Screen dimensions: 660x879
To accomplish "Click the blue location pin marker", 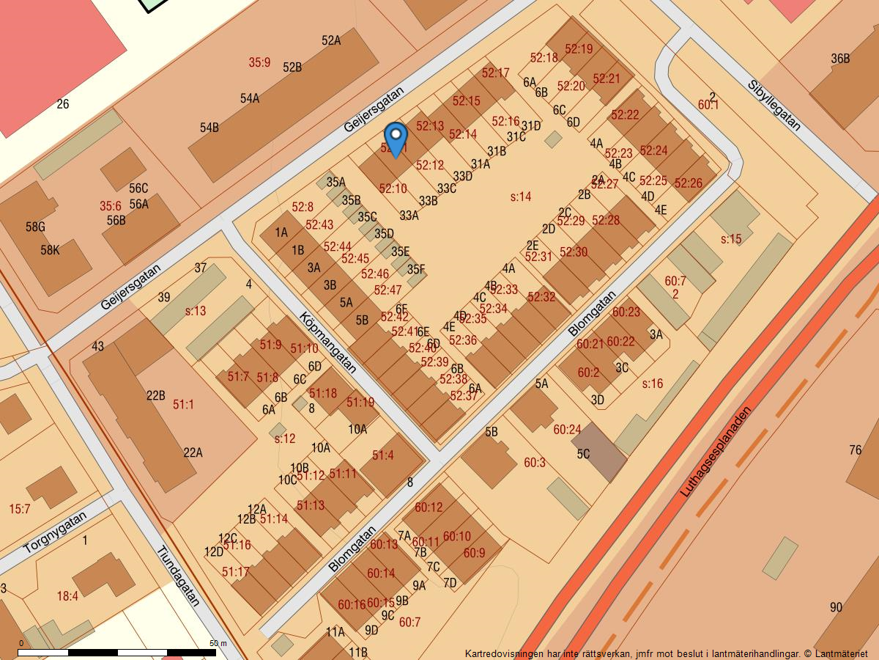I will point(396,138).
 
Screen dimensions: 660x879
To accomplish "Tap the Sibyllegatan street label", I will point(774,105).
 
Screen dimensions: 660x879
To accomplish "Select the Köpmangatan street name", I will point(327,342).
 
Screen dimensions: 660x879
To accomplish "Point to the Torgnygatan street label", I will point(55,532).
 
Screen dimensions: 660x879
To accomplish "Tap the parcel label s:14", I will point(520,197).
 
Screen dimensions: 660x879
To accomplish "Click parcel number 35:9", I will point(259,63).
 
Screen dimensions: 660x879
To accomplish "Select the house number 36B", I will point(840,59).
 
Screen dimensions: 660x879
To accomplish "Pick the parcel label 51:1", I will point(183,405).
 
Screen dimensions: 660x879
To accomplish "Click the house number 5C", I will point(583,454).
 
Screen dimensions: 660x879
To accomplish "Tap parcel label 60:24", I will point(567,430).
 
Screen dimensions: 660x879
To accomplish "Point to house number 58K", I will point(50,250).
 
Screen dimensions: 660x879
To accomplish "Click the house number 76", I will point(855,450).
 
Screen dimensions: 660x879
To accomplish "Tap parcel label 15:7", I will point(20,509).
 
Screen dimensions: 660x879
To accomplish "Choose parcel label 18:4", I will point(67,596).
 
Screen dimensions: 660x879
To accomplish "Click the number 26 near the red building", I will point(63,105).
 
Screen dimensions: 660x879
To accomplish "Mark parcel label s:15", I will point(731,239).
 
